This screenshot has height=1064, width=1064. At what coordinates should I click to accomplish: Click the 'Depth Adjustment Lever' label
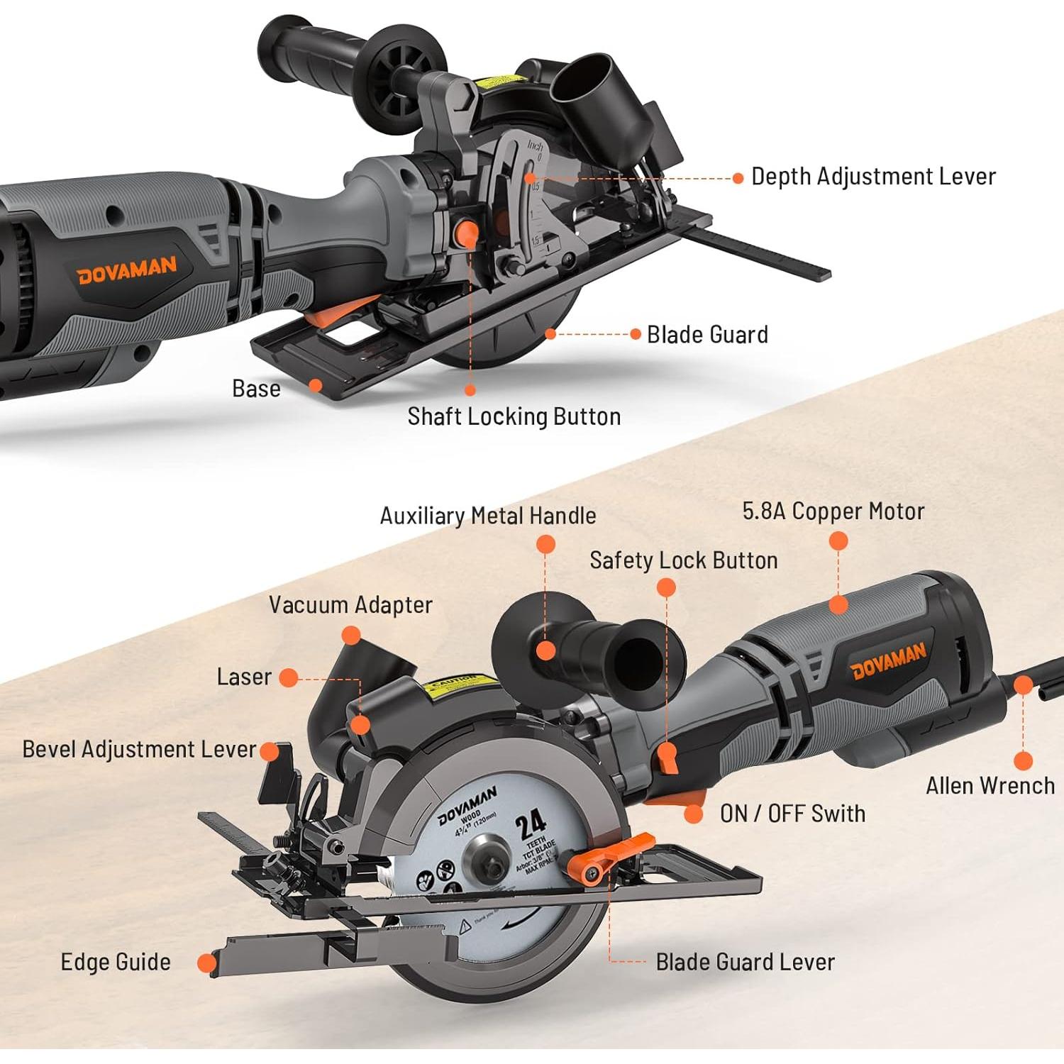tap(873, 177)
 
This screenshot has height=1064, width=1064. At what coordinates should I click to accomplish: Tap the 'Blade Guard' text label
tap(707, 335)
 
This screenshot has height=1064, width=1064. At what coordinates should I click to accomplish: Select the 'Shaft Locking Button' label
tap(514, 416)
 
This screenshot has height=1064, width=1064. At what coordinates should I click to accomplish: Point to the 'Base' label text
tap(256, 389)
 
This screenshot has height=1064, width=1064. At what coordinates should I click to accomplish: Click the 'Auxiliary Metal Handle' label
tap(488, 516)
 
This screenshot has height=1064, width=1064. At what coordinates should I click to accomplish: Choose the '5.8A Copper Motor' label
tap(833, 511)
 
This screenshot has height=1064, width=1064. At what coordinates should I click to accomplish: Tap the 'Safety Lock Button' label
tap(684, 560)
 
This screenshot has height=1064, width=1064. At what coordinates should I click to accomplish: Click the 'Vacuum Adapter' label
tap(350, 605)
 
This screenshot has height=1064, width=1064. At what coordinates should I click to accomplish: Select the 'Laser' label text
tap(244, 677)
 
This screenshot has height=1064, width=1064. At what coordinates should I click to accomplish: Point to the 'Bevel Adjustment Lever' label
tap(139, 750)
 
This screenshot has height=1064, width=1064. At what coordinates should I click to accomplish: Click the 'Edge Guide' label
tap(116, 963)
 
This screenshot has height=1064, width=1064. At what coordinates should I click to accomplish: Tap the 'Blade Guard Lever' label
tap(745, 963)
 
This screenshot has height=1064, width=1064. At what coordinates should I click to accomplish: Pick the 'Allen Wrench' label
tap(990, 786)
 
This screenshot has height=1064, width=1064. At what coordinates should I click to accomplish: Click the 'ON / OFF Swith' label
tap(792, 814)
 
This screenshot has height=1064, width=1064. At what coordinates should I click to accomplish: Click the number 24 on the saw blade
tap(531, 824)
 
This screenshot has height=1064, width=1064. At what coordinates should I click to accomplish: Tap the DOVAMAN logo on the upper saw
tap(127, 270)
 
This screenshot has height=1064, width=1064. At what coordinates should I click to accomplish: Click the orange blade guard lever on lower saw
tap(610, 856)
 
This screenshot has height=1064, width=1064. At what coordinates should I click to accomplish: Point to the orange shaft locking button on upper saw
tap(467, 233)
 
